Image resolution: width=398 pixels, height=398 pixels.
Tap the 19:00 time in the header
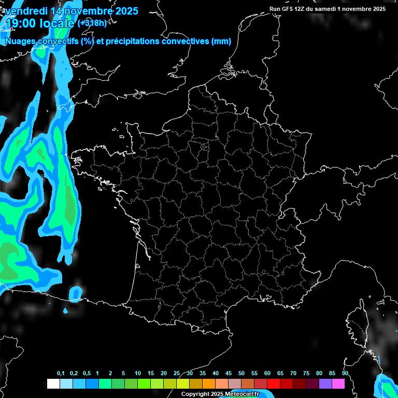20,23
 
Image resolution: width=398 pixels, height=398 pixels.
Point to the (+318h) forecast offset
92,23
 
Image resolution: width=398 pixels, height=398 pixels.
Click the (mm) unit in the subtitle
221,41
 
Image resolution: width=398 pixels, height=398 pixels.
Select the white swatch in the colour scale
53,384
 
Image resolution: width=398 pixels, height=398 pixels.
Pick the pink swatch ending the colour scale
338,384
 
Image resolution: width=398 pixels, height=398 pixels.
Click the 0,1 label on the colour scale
61,374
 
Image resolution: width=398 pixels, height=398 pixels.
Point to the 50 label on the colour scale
241,374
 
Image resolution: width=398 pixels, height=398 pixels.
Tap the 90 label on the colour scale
345,374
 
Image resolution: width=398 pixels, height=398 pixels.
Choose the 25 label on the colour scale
177,374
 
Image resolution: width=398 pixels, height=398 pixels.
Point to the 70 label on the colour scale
293,374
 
